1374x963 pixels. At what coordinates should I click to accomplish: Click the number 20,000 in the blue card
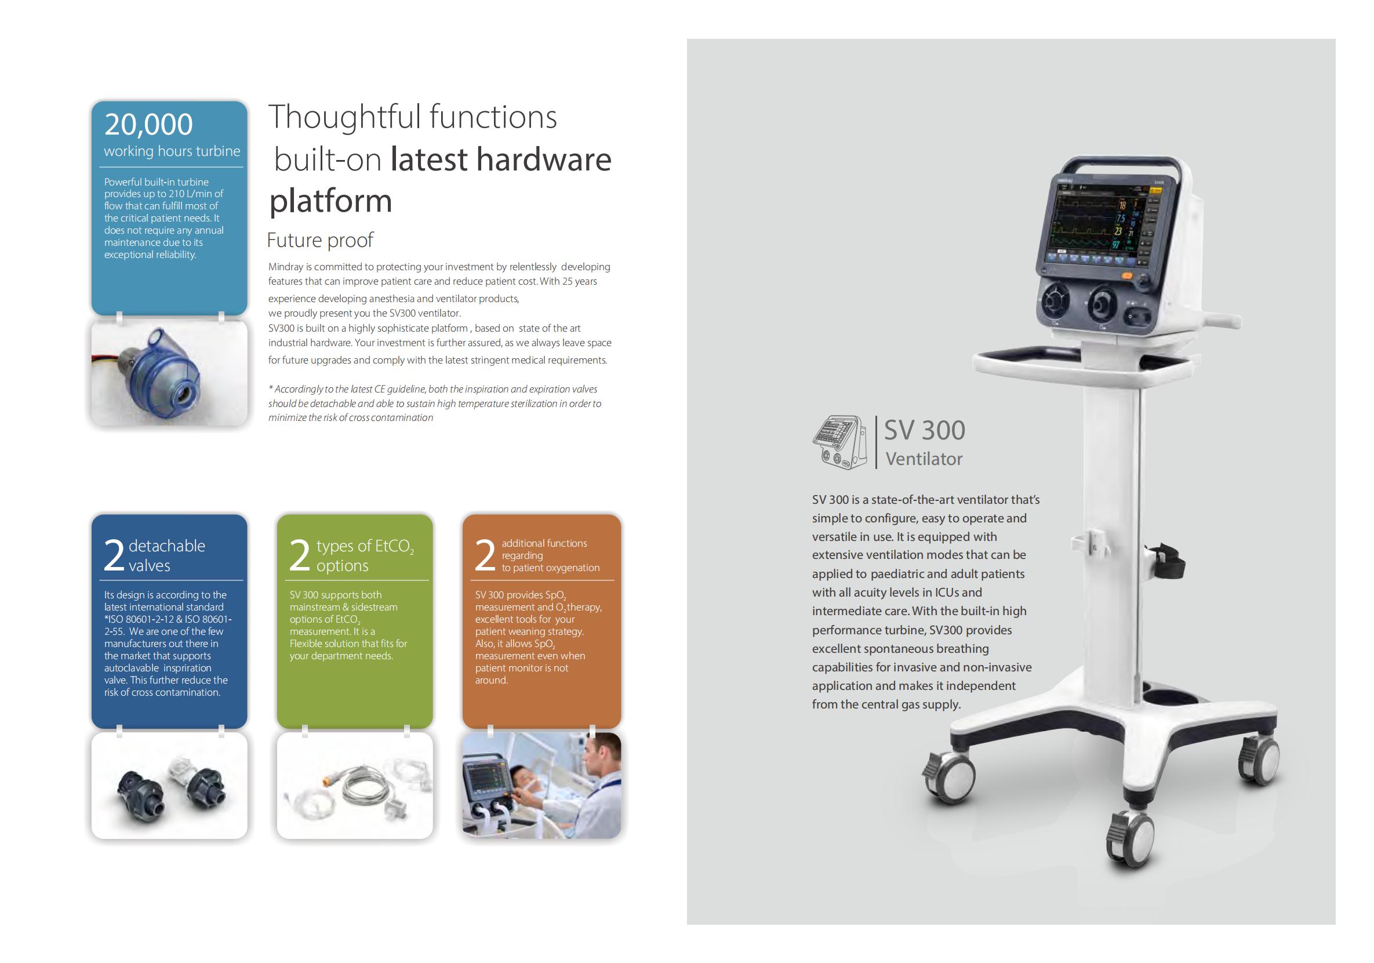[148, 125]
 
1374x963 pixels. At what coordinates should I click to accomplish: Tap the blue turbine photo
[169, 373]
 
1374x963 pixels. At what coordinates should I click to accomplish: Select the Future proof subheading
[320, 240]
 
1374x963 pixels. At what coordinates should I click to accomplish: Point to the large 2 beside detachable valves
[114, 555]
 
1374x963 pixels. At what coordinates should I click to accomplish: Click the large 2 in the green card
[300, 555]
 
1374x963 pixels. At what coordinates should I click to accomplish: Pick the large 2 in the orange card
[485, 555]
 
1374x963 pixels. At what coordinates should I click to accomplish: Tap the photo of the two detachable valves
[169, 785]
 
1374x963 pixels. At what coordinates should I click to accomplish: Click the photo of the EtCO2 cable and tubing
[355, 785]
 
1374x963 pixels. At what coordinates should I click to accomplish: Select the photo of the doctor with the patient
[541, 785]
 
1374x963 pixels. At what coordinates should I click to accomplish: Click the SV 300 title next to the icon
[925, 430]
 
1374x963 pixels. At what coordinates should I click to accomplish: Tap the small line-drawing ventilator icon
[840, 442]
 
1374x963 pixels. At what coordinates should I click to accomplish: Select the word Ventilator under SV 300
[924, 459]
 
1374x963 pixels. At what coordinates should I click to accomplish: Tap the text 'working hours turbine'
[172, 151]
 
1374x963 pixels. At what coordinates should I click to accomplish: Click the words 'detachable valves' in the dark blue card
[167, 555]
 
